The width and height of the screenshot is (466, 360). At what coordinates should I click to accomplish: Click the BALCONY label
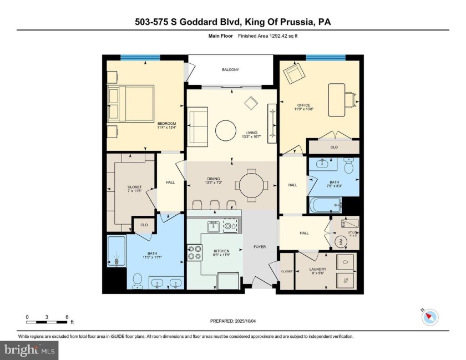[x=230, y=69]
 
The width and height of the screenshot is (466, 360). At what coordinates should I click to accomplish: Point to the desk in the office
[x=336, y=100]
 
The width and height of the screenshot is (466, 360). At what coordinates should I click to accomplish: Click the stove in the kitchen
[x=195, y=252]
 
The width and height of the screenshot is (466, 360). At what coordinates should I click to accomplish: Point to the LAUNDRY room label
[x=317, y=270]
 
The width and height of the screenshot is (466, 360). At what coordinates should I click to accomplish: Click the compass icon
[x=429, y=316]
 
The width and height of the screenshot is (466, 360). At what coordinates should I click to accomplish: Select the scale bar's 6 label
[x=67, y=317]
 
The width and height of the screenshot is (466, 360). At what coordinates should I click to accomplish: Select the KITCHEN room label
[x=221, y=251]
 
